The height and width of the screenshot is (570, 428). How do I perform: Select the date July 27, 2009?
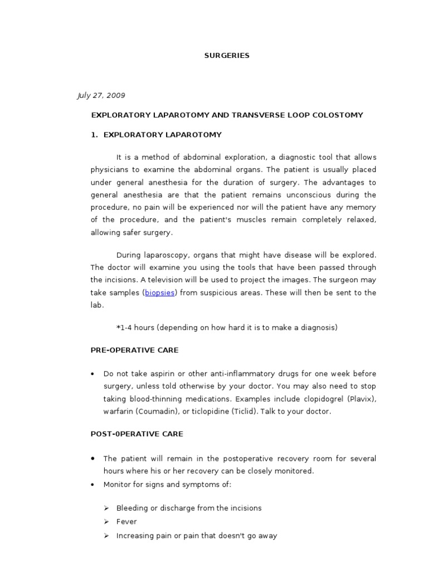[101, 96]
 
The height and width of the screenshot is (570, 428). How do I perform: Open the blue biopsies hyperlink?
[160, 293]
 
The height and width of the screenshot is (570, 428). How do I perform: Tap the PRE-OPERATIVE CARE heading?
[134, 351]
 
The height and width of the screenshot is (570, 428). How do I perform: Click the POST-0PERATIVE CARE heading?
[137, 434]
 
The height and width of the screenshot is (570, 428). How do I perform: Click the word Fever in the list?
[127, 522]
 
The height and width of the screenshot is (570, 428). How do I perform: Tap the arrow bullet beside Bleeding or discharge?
[106, 508]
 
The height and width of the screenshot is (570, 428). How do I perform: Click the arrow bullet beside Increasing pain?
[106, 536]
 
